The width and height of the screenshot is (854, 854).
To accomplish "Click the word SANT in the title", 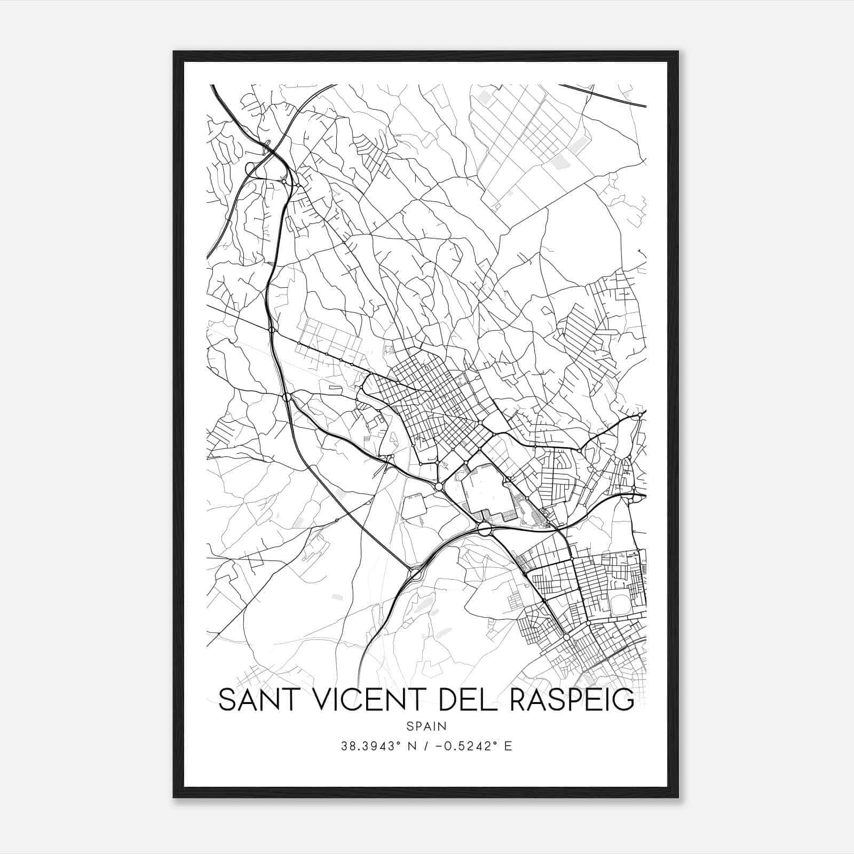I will pyautogui.click(x=256, y=700).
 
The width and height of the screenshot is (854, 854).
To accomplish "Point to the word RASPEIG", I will pyautogui.click(x=572, y=700).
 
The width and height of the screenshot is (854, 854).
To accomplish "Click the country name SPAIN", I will pyautogui.click(x=426, y=726).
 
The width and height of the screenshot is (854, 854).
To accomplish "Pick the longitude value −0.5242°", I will pyautogui.click(x=468, y=746).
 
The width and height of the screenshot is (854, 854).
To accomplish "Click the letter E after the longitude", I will pyautogui.click(x=508, y=746).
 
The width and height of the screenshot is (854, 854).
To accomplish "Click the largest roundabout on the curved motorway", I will pyautogui.click(x=485, y=528).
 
